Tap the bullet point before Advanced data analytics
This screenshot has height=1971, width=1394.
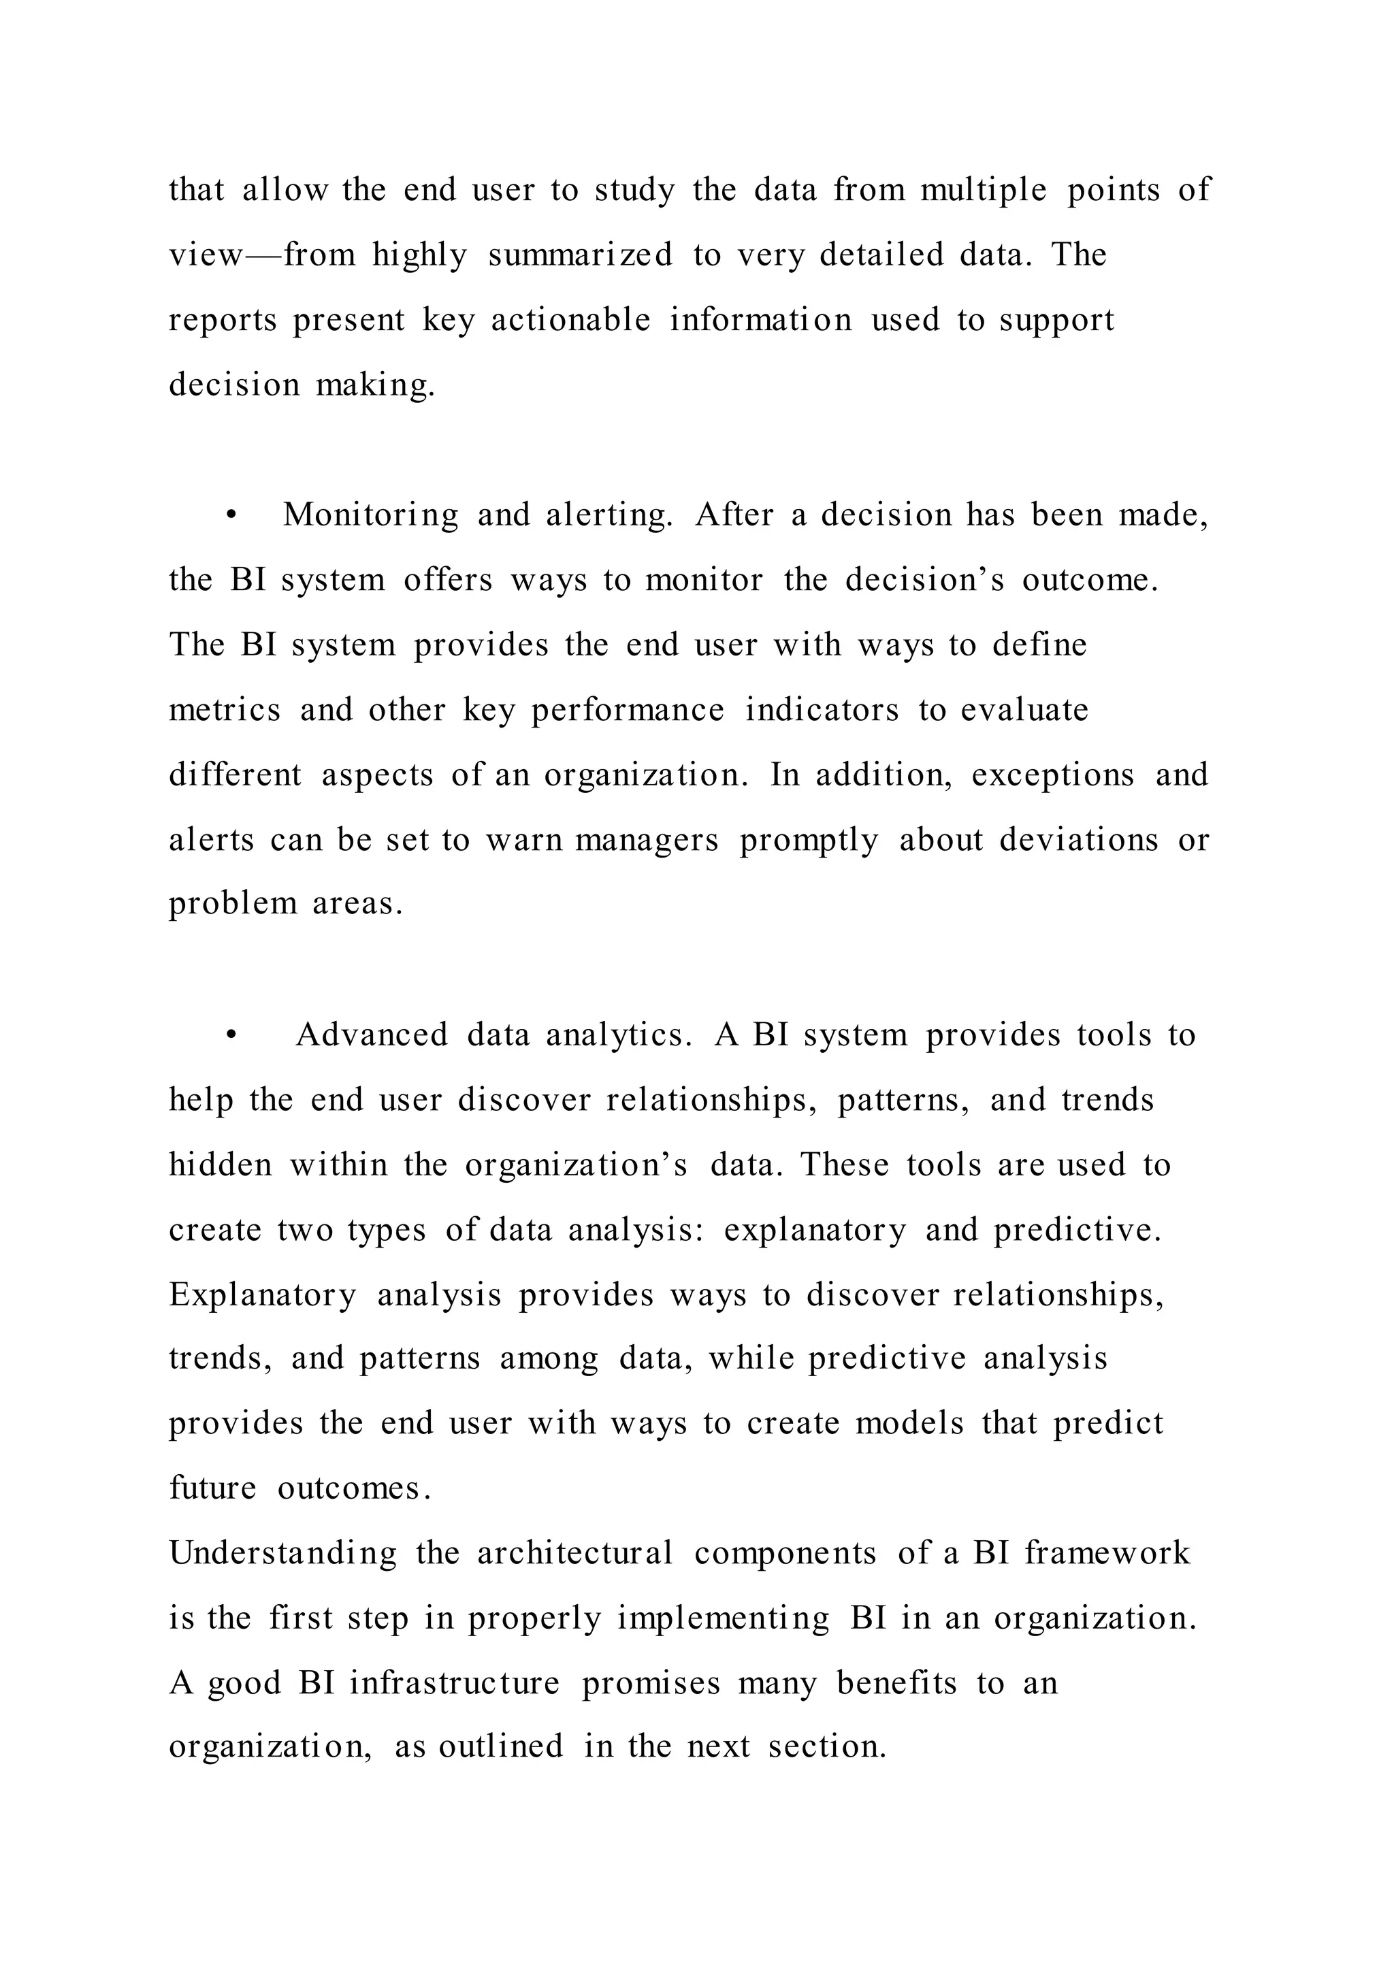pyautogui.click(x=230, y=1036)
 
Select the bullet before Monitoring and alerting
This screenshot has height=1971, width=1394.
pyautogui.click(x=230, y=516)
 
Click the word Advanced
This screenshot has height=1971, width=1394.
pyautogui.click(x=372, y=1035)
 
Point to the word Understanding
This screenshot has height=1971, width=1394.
pyautogui.click(x=283, y=1554)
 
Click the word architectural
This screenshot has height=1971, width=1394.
pyautogui.click(x=575, y=1554)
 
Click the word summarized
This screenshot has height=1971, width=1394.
pyautogui.click(x=580, y=255)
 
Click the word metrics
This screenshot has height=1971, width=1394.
pyautogui.click(x=225, y=710)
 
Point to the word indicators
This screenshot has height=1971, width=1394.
pyautogui.click(x=822, y=710)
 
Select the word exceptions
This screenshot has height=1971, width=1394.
pyautogui.click(x=1052, y=775)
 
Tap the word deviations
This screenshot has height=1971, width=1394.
pyautogui.click(x=1078, y=840)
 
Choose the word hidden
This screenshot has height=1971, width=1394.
pyautogui.click(x=221, y=1165)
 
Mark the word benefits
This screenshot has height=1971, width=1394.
pyautogui.click(x=896, y=1683)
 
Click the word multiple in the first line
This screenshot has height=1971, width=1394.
pyautogui.click(x=984, y=190)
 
